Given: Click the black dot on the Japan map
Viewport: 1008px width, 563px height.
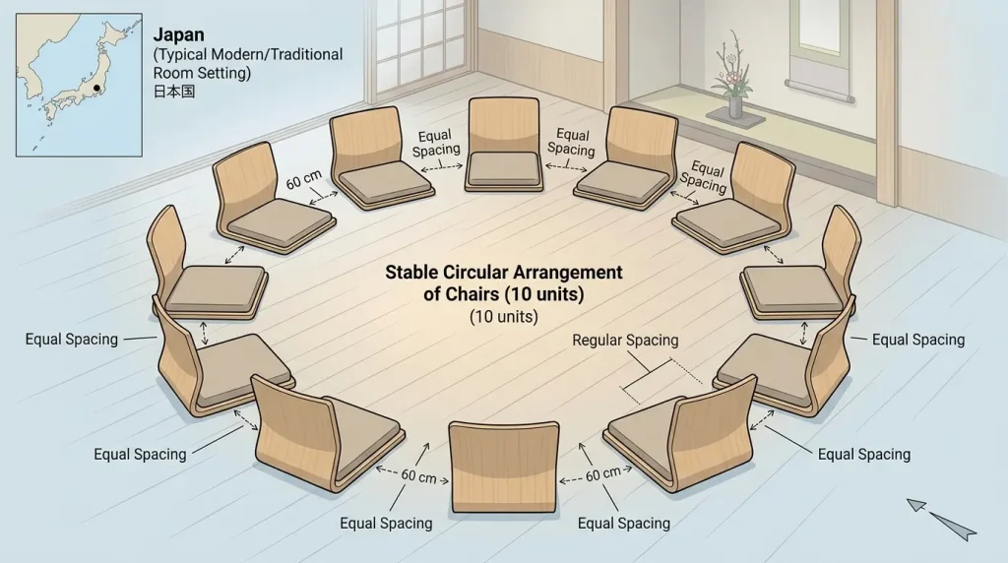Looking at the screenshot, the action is [97, 88].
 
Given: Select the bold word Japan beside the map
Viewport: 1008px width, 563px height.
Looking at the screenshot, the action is [179, 34].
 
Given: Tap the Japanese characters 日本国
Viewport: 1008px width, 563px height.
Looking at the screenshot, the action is [173, 92].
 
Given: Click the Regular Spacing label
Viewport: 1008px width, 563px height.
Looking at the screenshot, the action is [625, 340].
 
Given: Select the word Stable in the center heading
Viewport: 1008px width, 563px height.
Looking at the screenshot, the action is [411, 273].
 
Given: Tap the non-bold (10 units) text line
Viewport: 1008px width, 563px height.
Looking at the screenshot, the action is [504, 316].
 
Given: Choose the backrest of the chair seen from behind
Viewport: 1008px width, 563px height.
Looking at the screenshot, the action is [504, 466].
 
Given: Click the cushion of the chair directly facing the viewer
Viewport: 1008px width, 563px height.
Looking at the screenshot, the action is [504, 169].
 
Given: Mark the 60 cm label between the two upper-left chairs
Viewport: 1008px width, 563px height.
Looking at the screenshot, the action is [304, 180].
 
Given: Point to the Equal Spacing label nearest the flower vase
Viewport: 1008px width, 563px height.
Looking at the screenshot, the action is [705, 177].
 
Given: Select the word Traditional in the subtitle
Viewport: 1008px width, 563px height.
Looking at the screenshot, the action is [305, 55].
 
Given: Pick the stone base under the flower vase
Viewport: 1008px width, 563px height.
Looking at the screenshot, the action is [735, 116].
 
